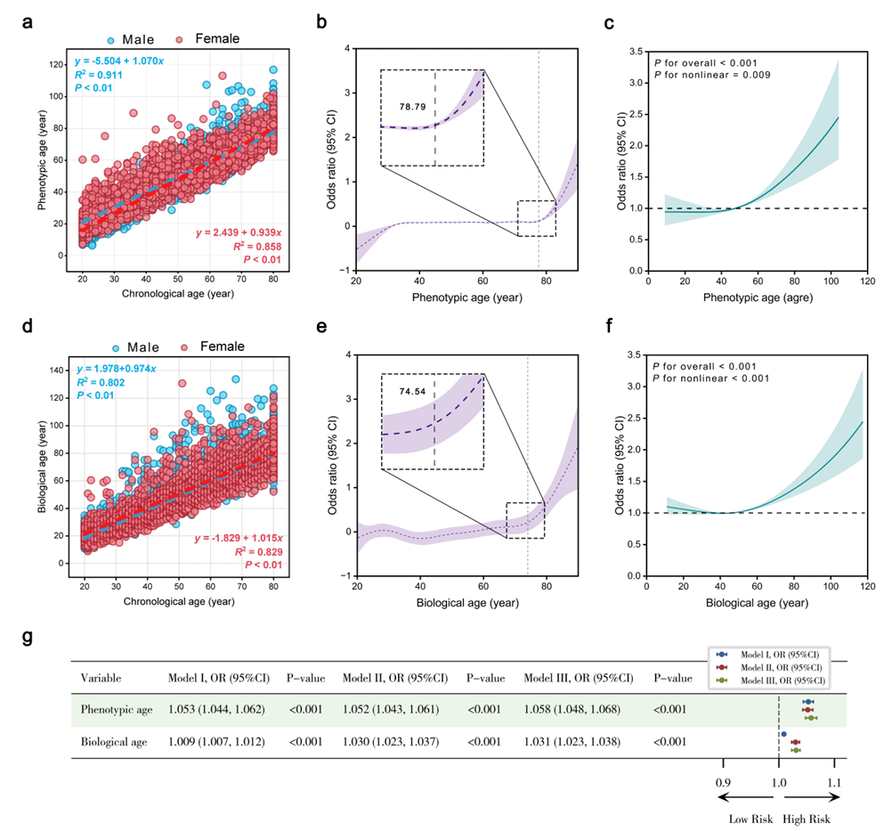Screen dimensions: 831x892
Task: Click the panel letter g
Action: coord(28,638)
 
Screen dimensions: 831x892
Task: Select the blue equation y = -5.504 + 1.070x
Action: coord(124,60)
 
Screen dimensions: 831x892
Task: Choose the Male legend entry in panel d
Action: coord(132,346)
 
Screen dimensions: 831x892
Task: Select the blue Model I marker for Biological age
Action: coord(783,734)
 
